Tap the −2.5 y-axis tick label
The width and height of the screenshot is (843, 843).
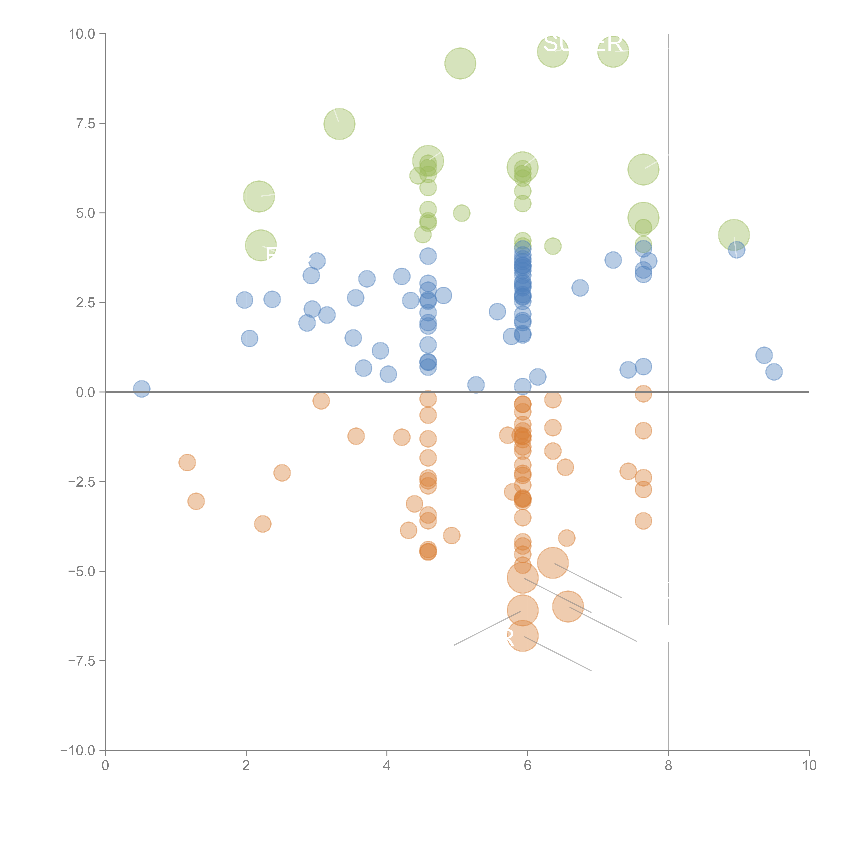click(x=82, y=482)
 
